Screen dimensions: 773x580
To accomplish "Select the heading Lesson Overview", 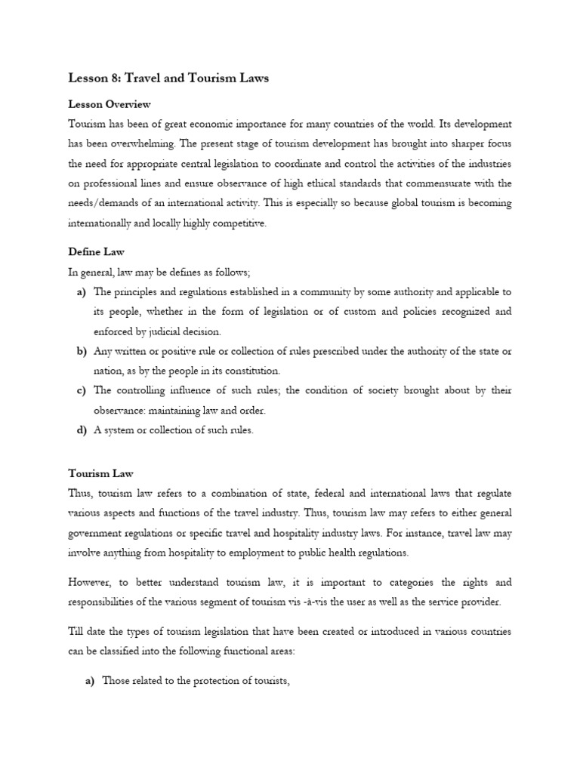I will click(x=110, y=104).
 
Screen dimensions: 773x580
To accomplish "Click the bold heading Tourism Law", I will click(x=100, y=473).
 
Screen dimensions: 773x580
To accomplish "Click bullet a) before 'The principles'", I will click(x=81, y=291).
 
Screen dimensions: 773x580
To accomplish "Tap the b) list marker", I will click(x=81, y=351).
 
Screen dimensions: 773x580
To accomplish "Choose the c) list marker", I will click(x=81, y=390).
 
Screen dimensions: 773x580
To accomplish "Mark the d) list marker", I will click(x=81, y=430).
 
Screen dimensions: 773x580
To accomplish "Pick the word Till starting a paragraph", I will click(x=77, y=631).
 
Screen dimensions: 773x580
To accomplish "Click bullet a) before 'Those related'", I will click(x=88, y=681).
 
